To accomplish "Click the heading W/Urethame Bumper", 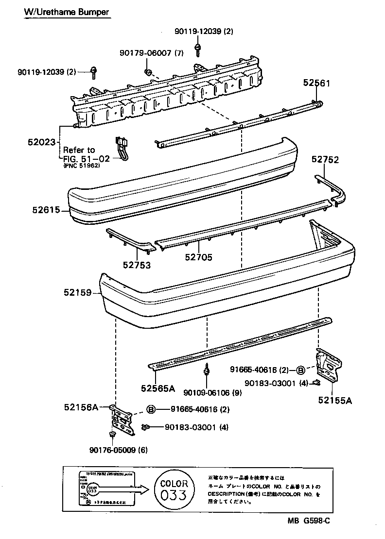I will (x=67, y=12).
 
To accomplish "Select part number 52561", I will (x=316, y=83).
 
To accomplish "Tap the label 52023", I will (x=43, y=142).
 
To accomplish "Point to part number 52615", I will (x=46, y=210).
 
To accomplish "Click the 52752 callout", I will (x=325, y=159).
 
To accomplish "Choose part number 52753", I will (x=136, y=265).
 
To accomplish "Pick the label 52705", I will (x=198, y=258).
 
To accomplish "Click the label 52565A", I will (x=158, y=388).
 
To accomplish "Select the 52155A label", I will (x=335, y=400).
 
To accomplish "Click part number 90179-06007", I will (x=145, y=53).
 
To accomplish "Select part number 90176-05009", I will (x=112, y=449).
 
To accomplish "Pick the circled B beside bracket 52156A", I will (x=151, y=409).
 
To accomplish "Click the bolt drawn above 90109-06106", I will (x=207, y=370).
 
